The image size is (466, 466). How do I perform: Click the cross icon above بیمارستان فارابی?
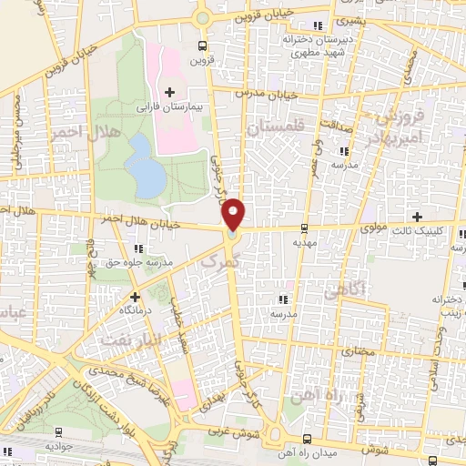[170, 91]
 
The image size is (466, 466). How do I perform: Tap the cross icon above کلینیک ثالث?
[417, 217]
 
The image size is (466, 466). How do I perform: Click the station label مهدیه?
[303, 244]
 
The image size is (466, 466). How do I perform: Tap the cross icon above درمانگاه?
[135, 296]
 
